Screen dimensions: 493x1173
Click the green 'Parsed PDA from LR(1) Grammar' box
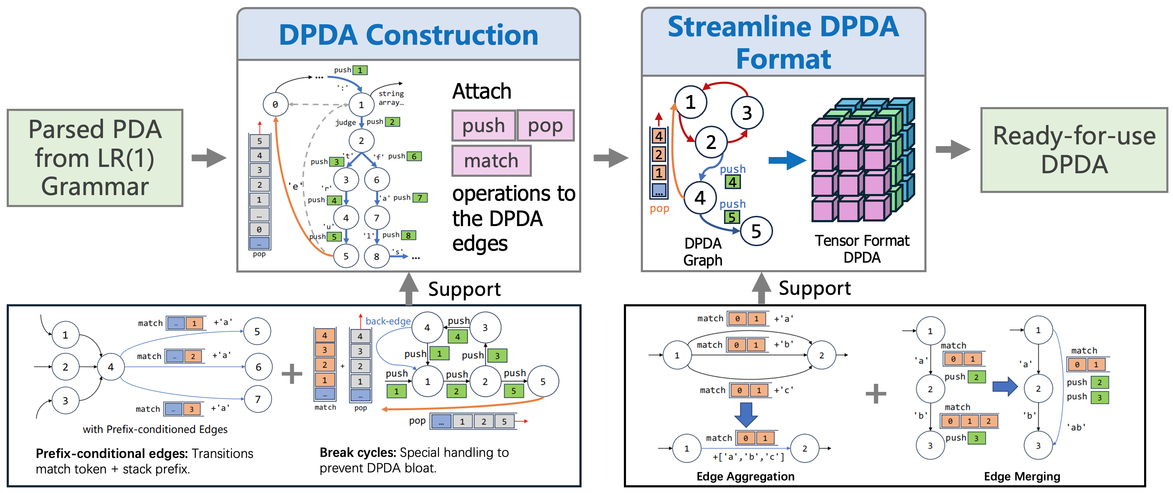[95, 158]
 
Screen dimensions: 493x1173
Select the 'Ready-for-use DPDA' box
[1074, 150]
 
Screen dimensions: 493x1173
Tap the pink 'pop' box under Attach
[545, 125]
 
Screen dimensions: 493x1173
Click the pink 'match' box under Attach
[491, 161]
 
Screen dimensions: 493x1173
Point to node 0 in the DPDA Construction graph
[275, 105]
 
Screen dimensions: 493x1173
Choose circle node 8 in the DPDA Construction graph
[377, 256]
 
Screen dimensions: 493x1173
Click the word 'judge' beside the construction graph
[345, 122]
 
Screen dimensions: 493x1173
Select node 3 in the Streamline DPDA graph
[747, 113]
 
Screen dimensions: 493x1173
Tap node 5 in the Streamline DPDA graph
[756, 231]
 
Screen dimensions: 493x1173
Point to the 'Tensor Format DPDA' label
[862, 249]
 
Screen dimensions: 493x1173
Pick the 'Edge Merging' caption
[1021, 476]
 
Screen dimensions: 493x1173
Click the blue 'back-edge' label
[388, 321]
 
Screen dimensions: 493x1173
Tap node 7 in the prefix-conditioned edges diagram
[258, 399]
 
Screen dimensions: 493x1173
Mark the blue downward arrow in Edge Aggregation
[746, 414]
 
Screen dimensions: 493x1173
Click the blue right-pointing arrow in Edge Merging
[1004, 387]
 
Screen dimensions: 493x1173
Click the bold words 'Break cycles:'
[358, 453]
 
